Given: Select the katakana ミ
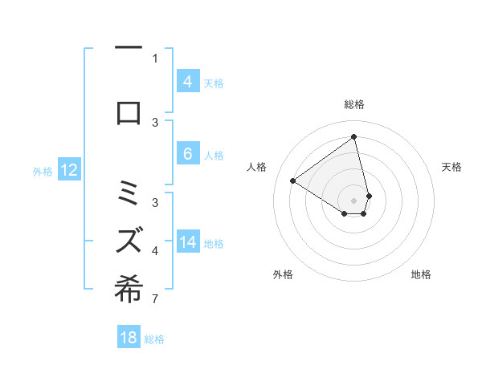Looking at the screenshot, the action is tap(129, 193).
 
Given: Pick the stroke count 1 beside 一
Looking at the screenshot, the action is tap(155, 58).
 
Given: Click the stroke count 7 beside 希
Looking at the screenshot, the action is tap(155, 300).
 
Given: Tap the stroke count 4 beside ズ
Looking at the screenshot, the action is tap(155, 251).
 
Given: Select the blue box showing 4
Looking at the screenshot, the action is tap(187, 82).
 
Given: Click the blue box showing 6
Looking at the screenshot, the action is tap(187, 154).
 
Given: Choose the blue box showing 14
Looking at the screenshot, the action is tap(187, 242).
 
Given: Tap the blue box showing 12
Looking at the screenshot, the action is tap(69, 170).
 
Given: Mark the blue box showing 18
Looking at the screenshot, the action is tap(129, 338).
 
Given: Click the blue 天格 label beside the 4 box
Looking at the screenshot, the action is tap(214, 83).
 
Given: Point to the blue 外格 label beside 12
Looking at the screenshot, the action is tap(43, 171).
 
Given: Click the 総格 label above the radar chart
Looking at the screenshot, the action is tap(354, 104).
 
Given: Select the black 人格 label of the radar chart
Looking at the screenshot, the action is tap(257, 167).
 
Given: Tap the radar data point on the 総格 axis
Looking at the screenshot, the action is tap(354, 137).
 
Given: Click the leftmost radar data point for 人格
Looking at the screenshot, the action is tap(292, 180).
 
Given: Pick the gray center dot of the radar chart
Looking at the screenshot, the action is tap(354, 200).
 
